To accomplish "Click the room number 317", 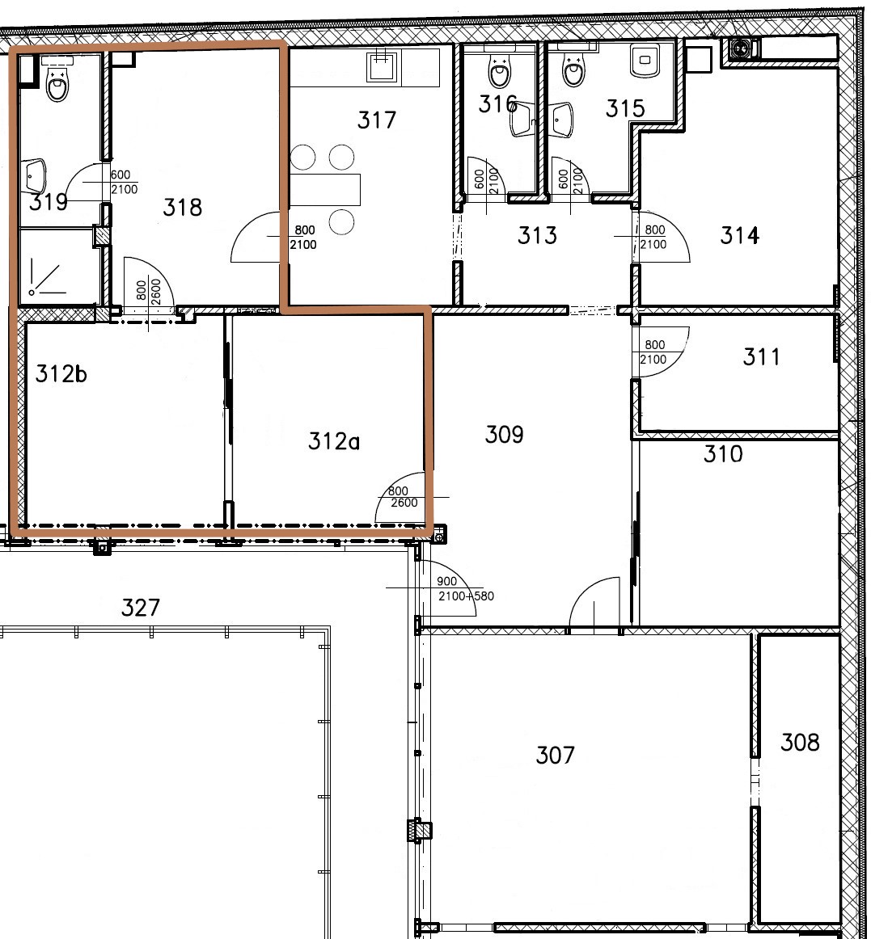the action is [376, 120].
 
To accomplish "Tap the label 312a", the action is [333, 441].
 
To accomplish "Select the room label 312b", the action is [61, 373].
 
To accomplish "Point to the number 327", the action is [140, 607].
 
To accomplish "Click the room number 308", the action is [800, 743].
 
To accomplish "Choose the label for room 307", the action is [555, 755].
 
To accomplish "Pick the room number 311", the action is [761, 357].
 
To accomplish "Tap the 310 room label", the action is [723, 454].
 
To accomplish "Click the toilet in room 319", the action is [57, 80].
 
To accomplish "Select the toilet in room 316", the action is [499, 71].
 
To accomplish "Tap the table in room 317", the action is [324, 189].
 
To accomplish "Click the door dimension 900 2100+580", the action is [465, 588].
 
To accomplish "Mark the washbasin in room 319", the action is [33, 176].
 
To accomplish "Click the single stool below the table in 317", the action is [341, 221].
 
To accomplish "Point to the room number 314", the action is [740, 235].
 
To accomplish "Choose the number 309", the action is [504, 434].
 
